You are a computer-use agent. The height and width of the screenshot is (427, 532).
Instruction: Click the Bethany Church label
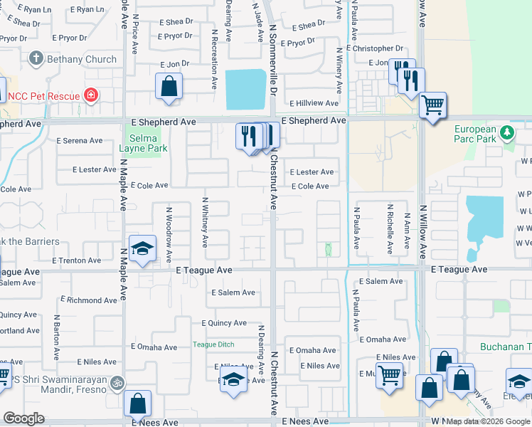pyautogui.click(x=83, y=59)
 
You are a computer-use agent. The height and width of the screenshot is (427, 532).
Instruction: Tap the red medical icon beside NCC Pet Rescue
pyautogui.click(x=90, y=95)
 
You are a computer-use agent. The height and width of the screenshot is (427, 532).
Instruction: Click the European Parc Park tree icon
pyautogui.click(x=506, y=132)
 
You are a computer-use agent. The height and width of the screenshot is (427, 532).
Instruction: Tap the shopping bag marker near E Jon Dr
pyautogui.click(x=169, y=87)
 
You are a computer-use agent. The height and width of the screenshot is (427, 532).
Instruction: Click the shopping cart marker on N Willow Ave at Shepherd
pyautogui.click(x=432, y=105)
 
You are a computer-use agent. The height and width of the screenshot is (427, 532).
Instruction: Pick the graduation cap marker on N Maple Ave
pyautogui.click(x=142, y=248)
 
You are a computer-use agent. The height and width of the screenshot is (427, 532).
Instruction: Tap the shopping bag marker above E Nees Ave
pyautogui.click(x=137, y=403)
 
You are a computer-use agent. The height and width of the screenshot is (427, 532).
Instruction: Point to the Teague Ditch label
pyautogui.click(x=213, y=345)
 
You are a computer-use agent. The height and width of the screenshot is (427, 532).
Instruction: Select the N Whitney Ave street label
pyautogui.click(x=205, y=222)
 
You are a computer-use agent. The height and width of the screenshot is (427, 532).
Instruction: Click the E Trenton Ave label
pyautogui.click(x=76, y=260)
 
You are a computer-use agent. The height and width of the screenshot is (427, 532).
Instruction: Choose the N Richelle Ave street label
pyautogui.click(x=390, y=229)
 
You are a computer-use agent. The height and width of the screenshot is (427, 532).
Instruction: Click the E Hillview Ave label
pyautogui.click(x=314, y=103)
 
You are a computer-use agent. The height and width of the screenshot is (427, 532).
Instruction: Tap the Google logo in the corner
pyautogui.click(x=23, y=418)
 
